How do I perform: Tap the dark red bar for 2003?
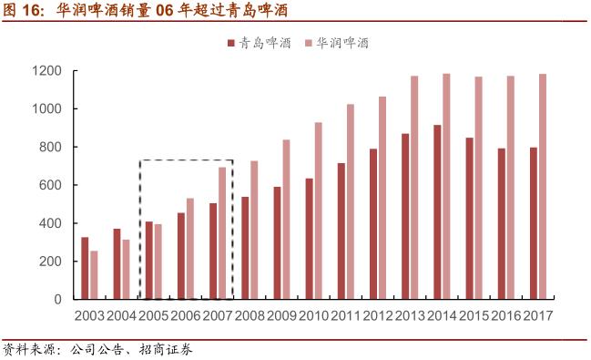click(85, 268)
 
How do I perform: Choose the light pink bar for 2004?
click(126, 269)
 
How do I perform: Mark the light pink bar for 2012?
click(382, 198)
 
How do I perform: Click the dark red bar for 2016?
click(501, 223)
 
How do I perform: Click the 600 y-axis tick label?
click(50, 185)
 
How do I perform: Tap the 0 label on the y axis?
click(57, 299)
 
